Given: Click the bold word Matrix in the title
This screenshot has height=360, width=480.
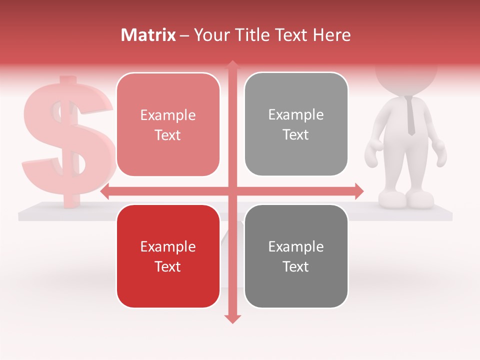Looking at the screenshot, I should (x=148, y=35).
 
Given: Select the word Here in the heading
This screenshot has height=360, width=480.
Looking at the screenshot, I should (x=332, y=35).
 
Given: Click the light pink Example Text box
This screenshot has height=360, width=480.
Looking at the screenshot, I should (x=168, y=124).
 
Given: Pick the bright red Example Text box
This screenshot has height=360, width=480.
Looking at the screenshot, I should (x=168, y=256).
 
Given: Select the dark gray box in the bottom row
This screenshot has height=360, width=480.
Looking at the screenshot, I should (x=296, y=256).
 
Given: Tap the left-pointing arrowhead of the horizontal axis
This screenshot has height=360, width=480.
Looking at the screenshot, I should (x=105, y=191).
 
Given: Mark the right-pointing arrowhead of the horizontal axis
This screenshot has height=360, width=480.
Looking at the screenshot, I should (x=359, y=191).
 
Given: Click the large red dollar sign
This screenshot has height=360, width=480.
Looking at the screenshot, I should (x=67, y=142).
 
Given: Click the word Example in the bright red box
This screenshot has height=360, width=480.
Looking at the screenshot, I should (x=168, y=246).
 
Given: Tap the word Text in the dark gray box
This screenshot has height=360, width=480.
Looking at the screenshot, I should (x=296, y=266).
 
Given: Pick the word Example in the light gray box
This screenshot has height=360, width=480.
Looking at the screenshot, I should (x=296, y=114).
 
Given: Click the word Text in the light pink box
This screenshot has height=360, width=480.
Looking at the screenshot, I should (x=168, y=135).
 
